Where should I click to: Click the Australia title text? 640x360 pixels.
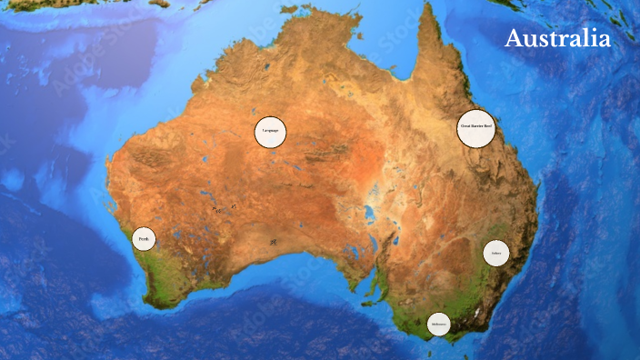(x=557, y=39)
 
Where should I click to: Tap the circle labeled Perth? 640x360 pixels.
(x=144, y=239)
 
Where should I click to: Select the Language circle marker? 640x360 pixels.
(x=270, y=132)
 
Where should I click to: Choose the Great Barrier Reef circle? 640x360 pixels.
(x=476, y=127)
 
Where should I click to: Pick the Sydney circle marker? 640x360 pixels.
(x=495, y=253)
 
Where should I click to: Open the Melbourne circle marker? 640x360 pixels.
(x=439, y=324)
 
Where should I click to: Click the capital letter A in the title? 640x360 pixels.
(x=515, y=39)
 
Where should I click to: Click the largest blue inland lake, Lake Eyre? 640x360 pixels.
(x=370, y=215)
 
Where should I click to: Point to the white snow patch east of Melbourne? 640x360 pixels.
(x=475, y=314)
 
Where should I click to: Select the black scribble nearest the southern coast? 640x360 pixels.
(x=272, y=242)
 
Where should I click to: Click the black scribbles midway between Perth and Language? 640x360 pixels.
(x=224, y=208)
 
